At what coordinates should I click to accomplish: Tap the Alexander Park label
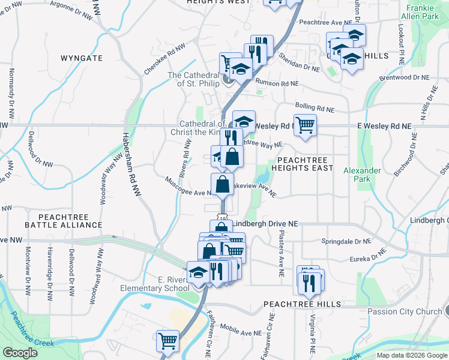[362, 175]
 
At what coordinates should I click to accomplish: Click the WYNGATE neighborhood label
[82, 58]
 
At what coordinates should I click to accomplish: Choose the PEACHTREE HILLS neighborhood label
[303, 304]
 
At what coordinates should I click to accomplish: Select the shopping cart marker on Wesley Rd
[305, 125]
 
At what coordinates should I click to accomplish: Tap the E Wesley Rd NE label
[384, 127]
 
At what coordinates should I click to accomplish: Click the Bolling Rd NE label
[314, 109]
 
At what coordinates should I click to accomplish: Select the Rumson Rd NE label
[276, 83]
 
